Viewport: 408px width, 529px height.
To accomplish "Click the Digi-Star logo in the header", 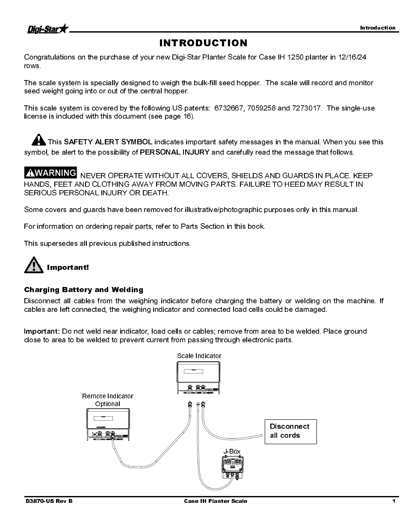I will pyautogui.click(x=47, y=29).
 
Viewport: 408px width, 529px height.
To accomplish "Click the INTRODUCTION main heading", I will pyautogui.click(x=203, y=43).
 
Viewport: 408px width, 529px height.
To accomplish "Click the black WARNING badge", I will pyautogui.click(x=50, y=173).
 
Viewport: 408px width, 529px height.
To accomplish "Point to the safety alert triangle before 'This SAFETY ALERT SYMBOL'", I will pyautogui.click(x=38, y=140).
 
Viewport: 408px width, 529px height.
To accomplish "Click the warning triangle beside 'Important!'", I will pyautogui.click(x=33, y=265).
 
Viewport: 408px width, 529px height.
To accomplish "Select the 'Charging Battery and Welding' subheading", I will pyautogui.click(x=83, y=290).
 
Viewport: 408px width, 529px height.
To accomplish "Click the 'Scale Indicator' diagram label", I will pyautogui.click(x=199, y=356).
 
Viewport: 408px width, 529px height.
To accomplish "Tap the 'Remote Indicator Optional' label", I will pyautogui.click(x=108, y=400).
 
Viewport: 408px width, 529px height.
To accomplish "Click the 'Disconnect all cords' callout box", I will pyautogui.click(x=290, y=431).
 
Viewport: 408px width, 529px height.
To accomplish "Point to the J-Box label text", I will pyautogui.click(x=232, y=451).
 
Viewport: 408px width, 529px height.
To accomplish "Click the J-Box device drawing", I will pyautogui.click(x=232, y=467).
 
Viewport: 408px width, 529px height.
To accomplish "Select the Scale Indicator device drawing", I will pyautogui.click(x=199, y=377).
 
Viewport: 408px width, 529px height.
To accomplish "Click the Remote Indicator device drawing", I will pyautogui.click(x=108, y=424).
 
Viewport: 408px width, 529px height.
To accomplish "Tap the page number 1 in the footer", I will pyautogui.click(x=393, y=501).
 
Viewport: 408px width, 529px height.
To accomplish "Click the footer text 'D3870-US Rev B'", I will pyautogui.click(x=49, y=501).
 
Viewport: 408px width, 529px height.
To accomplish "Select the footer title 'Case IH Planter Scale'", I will pyautogui.click(x=216, y=501).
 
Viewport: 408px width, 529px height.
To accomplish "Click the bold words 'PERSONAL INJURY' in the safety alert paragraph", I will pyautogui.click(x=174, y=152).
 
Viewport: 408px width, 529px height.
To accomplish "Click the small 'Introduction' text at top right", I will pyautogui.click(x=378, y=28).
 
